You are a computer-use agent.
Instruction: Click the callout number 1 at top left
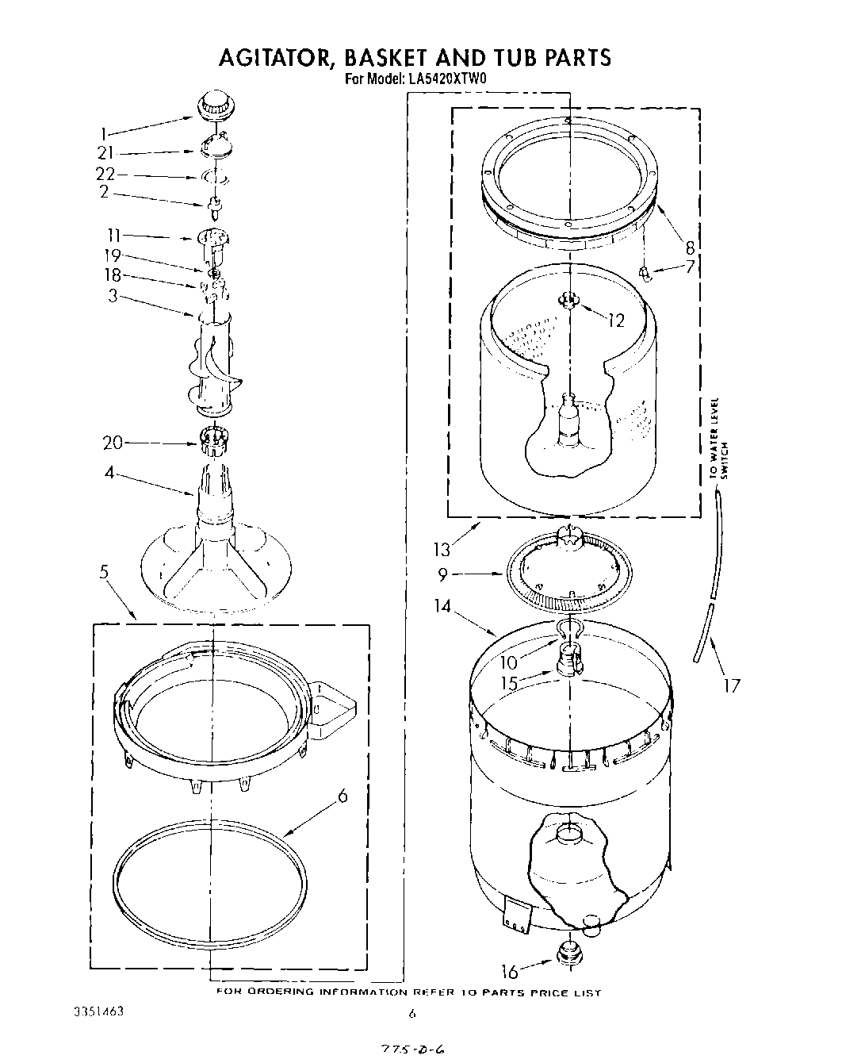(x=104, y=133)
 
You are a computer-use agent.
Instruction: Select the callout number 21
(x=106, y=153)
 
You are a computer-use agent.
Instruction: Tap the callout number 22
(x=105, y=175)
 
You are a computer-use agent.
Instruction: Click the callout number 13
(x=441, y=549)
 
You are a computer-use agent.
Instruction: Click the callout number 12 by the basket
(x=614, y=320)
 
